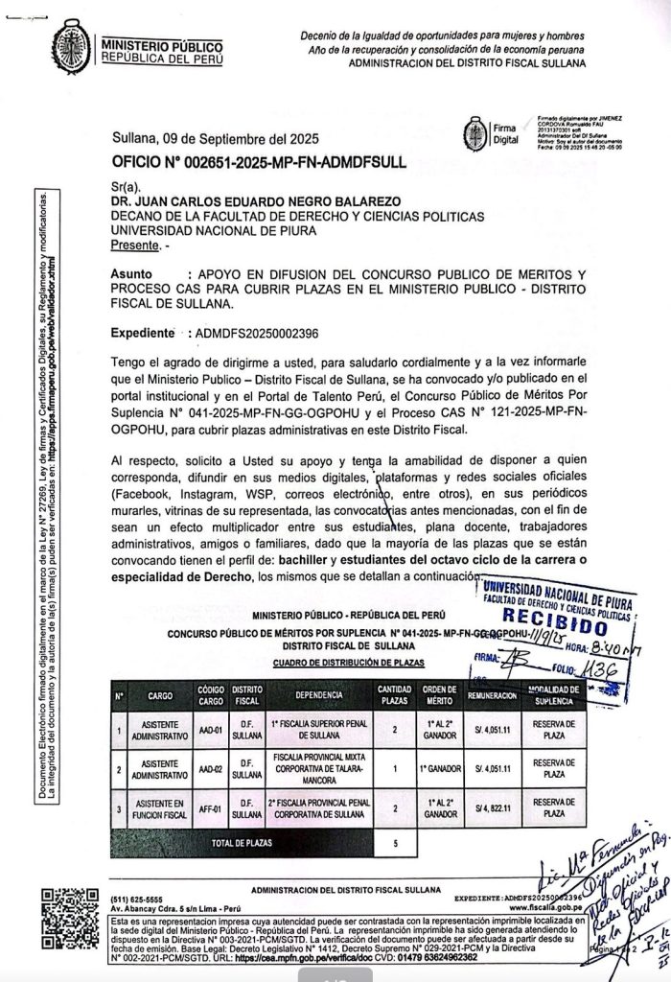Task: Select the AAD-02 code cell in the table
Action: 210,769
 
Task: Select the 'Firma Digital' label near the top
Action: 503,133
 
